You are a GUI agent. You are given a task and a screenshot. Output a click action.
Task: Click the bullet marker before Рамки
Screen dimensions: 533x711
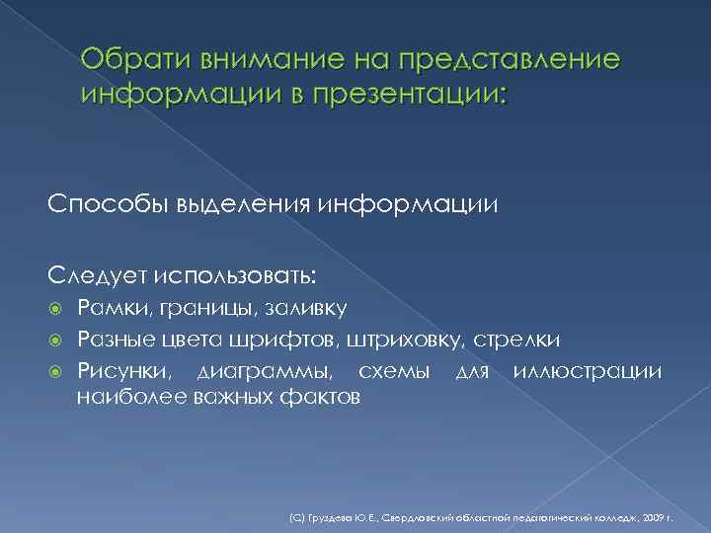pyautogui.click(x=56, y=308)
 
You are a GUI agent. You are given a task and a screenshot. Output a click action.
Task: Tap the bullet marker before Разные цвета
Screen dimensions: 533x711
pyautogui.click(x=56, y=341)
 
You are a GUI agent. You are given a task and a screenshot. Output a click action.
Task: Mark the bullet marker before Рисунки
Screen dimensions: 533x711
pyautogui.click(x=56, y=372)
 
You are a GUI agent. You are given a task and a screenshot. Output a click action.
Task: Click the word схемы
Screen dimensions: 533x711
pyautogui.click(x=394, y=372)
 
